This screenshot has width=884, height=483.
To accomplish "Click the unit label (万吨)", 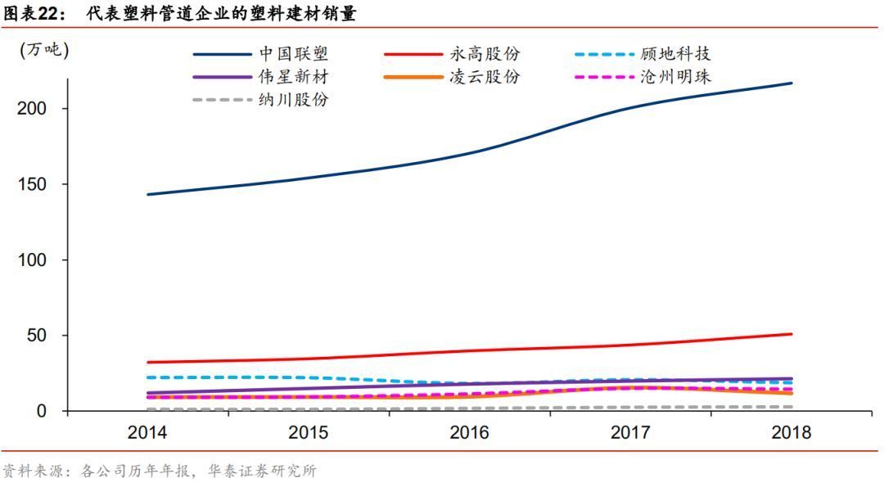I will pos(44,50).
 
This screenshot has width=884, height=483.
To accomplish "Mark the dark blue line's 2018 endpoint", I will pos(792,83).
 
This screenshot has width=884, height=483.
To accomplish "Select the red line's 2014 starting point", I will pos(148,362).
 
